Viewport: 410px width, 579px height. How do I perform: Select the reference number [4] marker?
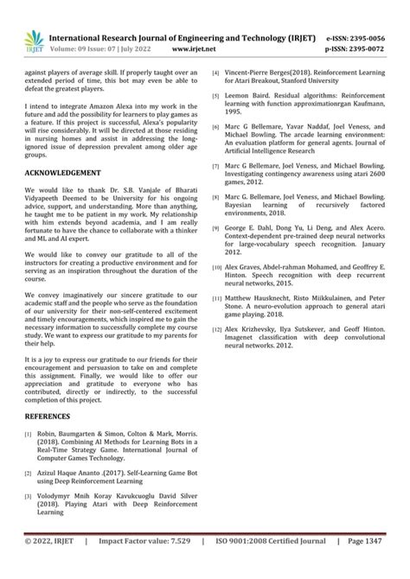[x=215, y=75]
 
